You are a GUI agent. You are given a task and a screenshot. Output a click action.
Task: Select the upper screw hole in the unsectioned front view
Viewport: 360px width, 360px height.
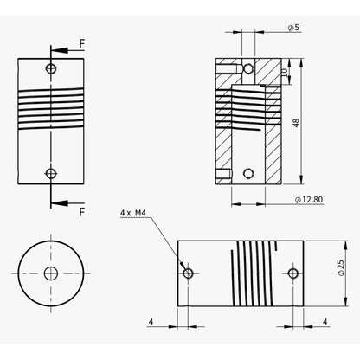tap(52, 67)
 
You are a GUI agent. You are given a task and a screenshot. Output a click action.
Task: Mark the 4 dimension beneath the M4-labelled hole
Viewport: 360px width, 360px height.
tap(151, 321)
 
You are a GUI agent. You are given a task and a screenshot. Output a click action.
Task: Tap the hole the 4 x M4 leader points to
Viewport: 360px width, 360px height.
tap(188, 273)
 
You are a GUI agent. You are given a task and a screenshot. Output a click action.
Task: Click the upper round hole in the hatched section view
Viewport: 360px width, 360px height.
tap(248, 67)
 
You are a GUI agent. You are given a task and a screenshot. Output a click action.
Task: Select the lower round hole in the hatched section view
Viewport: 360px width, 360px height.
tap(248, 172)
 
